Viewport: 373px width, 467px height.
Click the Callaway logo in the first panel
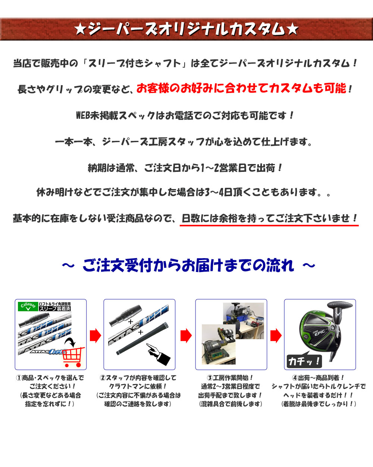coord(28,306)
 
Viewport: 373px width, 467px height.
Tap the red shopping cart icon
coord(73,357)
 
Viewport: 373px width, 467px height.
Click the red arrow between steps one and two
coord(95,335)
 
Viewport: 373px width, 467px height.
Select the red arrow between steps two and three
coord(186,335)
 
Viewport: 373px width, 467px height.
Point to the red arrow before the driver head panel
coord(276,335)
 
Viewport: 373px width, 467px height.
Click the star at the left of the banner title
coord(80,30)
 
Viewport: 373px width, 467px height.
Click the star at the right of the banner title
coord(292,30)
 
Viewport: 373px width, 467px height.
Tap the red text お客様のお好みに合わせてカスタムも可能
coord(241,88)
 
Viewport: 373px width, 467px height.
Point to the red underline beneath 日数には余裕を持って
coord(269,226)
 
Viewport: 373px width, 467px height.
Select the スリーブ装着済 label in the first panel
coord(54,309)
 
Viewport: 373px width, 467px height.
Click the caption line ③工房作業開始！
coord(230,378)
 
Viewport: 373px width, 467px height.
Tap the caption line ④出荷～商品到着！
coord(319,378)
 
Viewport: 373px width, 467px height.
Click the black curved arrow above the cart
coord(70,342)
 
